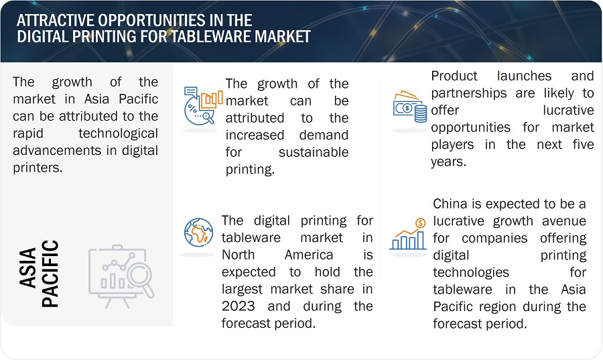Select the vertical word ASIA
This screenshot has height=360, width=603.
coord(27,267)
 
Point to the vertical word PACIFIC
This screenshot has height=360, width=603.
coord(50,274)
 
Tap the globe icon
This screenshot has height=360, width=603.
coord(198,233)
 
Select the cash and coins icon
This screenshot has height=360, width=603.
coord(410,107)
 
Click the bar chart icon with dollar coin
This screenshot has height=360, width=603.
coord(408,234)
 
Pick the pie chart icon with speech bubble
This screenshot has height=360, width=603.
coord(203,106)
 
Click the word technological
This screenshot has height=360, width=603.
coord(118,133)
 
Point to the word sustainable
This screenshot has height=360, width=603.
coord(314,152)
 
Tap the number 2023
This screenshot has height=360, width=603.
coord(238,306)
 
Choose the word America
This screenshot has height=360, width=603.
coord(309,255)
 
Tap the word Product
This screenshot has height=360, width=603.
coord(454,76)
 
